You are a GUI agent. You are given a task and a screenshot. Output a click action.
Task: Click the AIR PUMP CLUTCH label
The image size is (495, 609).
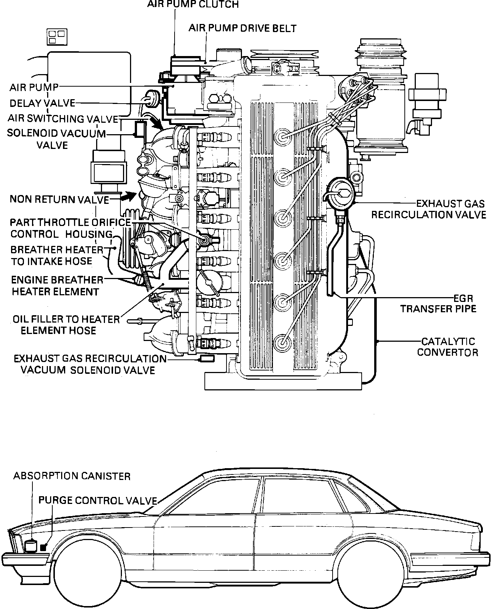tap(193, 4)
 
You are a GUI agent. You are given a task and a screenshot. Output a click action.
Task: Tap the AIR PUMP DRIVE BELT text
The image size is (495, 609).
tap(242, 28)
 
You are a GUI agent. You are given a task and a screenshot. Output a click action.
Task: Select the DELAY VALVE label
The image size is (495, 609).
tap(42, 103)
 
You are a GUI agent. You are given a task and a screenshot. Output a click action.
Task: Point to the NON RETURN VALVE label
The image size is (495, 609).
tap(59, 199)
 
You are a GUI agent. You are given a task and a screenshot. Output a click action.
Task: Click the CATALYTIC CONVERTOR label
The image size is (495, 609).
tap(447, 347)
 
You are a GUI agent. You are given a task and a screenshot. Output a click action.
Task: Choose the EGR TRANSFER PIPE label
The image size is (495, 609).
tap(438, 303)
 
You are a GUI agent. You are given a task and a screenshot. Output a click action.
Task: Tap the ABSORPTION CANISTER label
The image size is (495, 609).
tap(72, 476)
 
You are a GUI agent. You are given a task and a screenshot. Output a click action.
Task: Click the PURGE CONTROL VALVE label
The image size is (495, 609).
tap(98, 500)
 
